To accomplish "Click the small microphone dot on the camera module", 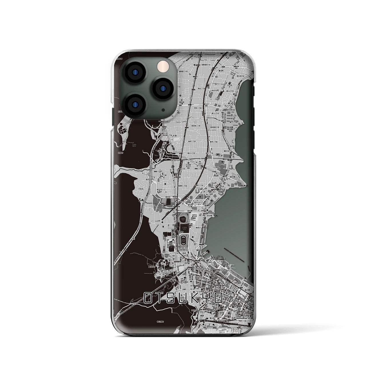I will click(x=163, y=110).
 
